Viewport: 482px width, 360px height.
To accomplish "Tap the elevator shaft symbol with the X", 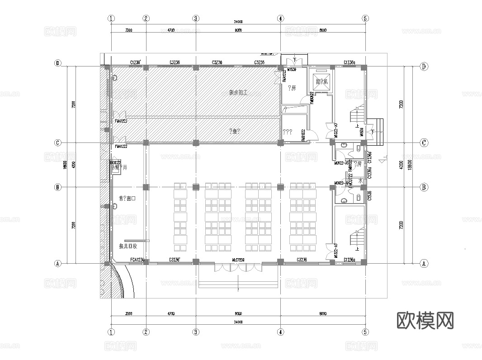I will click(321, 81).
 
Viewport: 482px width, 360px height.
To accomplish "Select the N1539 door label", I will click(292, 70).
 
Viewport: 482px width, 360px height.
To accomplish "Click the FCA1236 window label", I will click(137, 260).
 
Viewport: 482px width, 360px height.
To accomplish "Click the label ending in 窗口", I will click(128, 198).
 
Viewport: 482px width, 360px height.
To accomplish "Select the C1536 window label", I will click(369, 196).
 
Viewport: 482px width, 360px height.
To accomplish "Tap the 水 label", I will click(360, 180).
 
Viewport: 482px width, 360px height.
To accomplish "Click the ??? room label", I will click(288, 133).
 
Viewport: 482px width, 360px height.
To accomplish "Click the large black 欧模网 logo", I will click(425, 321).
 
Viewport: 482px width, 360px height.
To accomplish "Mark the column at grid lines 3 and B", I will click(196, 187).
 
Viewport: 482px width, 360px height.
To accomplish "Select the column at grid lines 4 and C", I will click(281, 142).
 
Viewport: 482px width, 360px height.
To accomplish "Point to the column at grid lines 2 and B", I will click(146, 187).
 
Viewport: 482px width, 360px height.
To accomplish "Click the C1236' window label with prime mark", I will click(136, 62).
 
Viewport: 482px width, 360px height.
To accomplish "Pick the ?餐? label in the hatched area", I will click(235, 131).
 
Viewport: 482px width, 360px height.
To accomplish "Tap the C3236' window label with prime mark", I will click(175, 260).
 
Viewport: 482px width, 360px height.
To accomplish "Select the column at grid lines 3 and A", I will click(196, 261).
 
